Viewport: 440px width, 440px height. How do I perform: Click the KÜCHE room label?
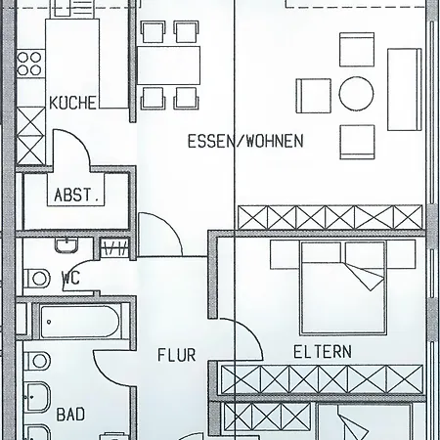point(72,102)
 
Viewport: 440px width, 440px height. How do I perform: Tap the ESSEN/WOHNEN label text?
point(245,141)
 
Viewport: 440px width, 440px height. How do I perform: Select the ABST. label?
point(76,195)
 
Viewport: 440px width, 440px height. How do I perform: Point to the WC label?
point(70,278)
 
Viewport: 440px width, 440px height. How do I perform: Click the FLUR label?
point(176,355)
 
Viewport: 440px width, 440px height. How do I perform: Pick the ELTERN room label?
point(323,352)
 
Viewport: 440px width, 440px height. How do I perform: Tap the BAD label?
point(70,415)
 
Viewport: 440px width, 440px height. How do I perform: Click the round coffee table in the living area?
point(356,94)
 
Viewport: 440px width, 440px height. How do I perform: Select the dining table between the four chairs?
point(168,66)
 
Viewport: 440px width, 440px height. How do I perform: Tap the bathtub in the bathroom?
point(79,322)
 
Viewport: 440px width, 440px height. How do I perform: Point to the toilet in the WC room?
point(37,279)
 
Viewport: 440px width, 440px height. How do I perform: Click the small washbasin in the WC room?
point(66,245)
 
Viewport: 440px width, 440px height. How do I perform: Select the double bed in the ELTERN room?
point(343,287)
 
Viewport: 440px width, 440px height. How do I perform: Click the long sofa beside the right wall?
point(404,90)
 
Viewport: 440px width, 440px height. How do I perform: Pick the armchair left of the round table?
point(314,96)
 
